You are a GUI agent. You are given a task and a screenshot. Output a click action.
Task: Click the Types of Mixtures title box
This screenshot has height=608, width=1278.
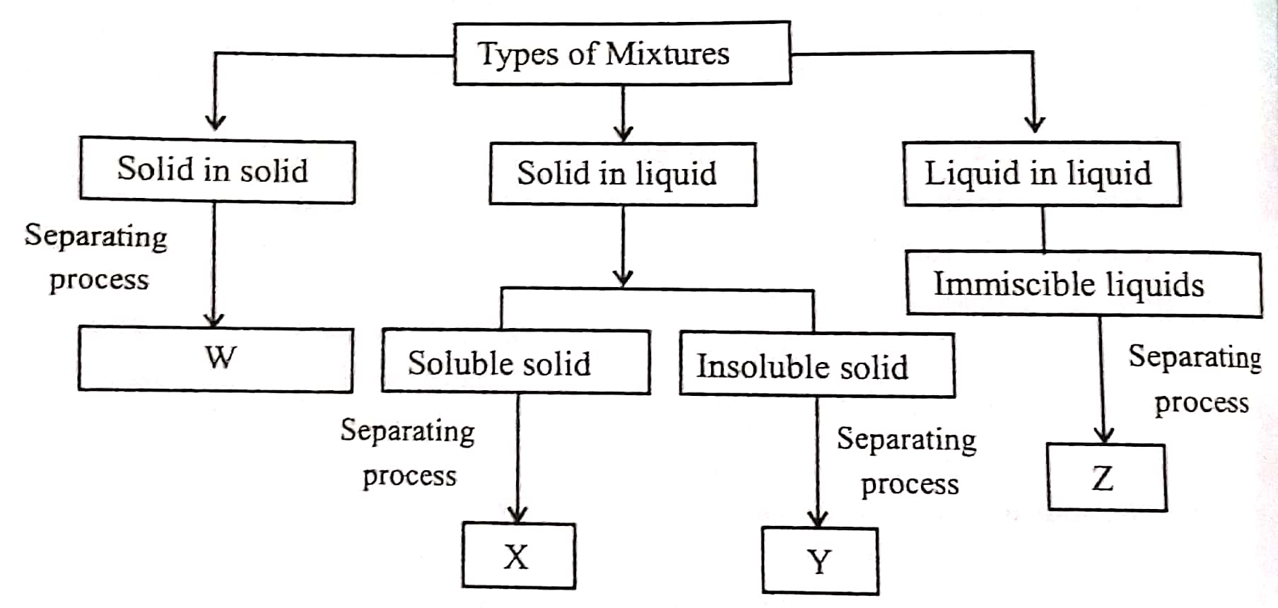tap(622, 54)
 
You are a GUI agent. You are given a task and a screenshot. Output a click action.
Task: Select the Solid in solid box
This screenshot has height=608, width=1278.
tap(217, 170)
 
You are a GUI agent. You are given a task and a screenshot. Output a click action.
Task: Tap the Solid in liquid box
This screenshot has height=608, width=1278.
tap(623, 174)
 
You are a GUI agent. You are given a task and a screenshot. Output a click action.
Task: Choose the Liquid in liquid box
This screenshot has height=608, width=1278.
tap(1042, 174)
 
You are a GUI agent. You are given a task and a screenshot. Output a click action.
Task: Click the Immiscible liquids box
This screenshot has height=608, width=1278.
tap(1084, 284)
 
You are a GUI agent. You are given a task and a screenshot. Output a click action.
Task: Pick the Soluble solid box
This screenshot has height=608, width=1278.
tap(515, 363)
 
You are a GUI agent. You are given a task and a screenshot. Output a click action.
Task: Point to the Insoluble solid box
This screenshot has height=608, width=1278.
tap(816, 366)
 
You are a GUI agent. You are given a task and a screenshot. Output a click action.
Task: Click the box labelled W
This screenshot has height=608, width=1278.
tap(216, 358)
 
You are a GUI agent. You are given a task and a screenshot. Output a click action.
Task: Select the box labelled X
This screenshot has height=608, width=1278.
tap(519, 556)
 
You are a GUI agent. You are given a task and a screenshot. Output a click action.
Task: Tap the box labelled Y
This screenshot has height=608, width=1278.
tap(820, 561)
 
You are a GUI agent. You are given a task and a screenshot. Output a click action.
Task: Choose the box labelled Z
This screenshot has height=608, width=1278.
tap(1106, 478)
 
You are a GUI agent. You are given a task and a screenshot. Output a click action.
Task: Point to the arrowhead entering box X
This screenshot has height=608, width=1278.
tap(519, 515)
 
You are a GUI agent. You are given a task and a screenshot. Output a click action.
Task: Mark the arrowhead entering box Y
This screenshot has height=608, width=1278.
tap(819, 519)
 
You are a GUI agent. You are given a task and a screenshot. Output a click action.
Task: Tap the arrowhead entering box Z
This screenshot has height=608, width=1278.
tap(1103, 435)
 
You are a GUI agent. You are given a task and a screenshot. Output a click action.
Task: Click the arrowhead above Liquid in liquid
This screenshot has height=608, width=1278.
tap(1035, 124)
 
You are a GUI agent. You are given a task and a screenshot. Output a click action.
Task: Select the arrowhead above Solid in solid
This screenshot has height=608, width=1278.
tap(216, 122)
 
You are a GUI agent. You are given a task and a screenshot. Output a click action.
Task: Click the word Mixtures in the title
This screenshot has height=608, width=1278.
tap(668, 54)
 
